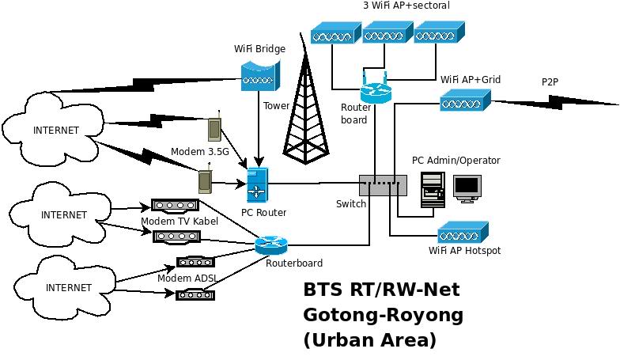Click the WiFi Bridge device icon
click(x=259, y=74)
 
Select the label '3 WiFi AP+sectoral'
click(x=406, y=6)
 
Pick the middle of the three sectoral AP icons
click(x=387, y=32)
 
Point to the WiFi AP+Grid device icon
click(x=465, y=100)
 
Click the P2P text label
click(x=550, y=81)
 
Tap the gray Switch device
click(x=383, y=185)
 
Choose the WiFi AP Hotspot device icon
click(x=463, y=233)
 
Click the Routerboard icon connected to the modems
click(x=271, y=245)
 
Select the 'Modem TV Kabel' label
click(x=180, y=221)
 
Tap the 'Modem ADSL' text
click(x=187, y=278)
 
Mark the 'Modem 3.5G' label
click(x=199, y=151)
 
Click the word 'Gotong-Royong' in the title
click(x=383, y=315)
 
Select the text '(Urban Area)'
click(x=369, y=340)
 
